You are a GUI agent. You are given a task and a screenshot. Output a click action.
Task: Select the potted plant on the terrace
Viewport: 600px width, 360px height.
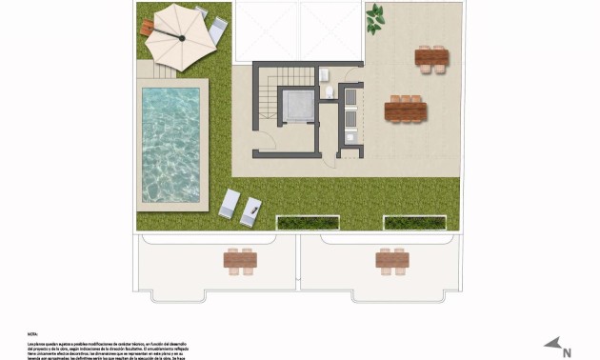point(376,14)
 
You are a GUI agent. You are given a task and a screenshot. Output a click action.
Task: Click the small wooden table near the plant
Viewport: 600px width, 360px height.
point(430,57)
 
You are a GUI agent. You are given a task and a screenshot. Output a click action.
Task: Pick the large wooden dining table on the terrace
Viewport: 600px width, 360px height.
point(407,110)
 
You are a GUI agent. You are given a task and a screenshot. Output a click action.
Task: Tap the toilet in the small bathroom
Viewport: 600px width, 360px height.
point(329,92)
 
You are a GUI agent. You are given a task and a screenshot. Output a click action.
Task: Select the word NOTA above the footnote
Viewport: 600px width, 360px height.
point(32,334)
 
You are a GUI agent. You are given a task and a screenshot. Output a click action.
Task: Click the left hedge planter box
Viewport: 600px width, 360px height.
point(309,223)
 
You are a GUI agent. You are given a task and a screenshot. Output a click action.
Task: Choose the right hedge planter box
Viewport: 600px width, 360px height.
point(415,223)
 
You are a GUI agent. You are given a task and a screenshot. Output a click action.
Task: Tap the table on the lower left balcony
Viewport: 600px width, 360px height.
point(239,259)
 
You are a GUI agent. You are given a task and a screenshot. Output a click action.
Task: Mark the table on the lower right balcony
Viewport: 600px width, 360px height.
point(391,259)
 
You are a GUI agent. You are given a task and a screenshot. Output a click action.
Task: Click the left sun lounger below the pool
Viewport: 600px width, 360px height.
point(230,202)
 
